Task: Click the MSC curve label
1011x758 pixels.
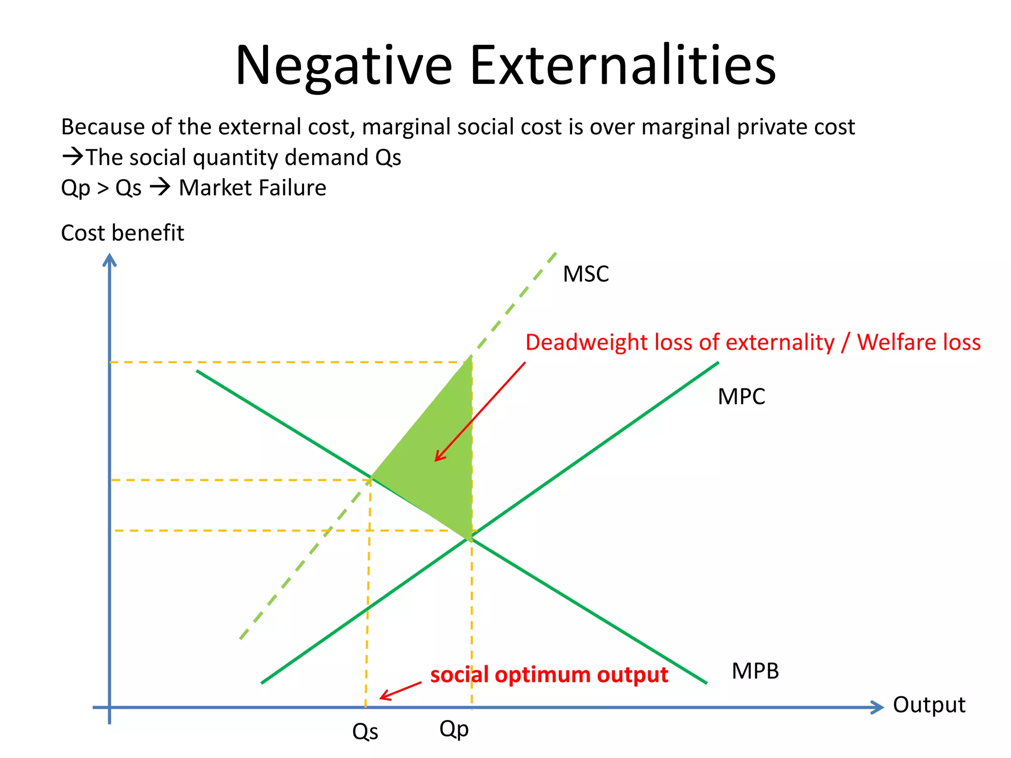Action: tap(586, 274)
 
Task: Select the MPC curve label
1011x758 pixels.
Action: tap(741, 397)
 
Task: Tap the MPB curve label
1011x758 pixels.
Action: tap(755, 671)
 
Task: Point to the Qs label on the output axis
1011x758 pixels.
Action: tap(365, 732)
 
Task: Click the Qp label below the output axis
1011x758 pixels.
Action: tap(454, 729)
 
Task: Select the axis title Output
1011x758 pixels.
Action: tap(929, 705)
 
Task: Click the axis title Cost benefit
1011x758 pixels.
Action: tap(122, 233)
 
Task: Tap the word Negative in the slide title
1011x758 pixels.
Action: tap(344, 66)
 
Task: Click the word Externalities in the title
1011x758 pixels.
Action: tap(623, 66)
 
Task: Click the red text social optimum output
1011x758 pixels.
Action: tap(549, 675)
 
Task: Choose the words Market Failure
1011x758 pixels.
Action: tap(252, 188)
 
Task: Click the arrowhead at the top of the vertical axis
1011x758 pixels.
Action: tap(109, 259)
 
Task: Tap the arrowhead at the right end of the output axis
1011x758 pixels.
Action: tap(878, 707)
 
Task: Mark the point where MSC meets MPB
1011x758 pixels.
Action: tap(371, 478)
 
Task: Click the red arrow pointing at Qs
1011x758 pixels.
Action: tap(400, 690)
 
